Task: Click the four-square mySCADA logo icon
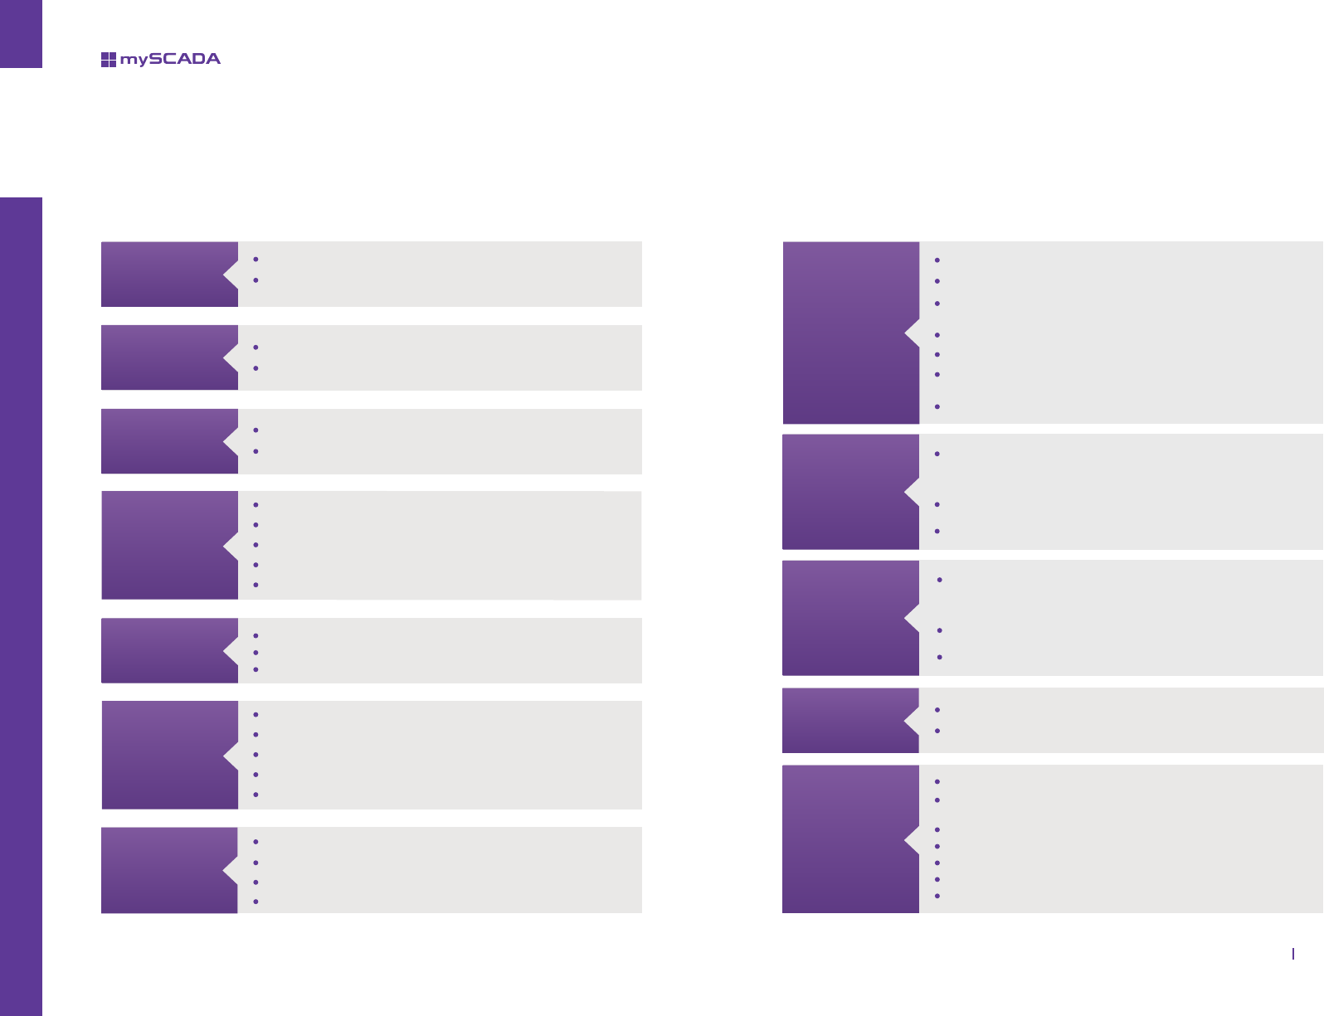(x=108, y=59)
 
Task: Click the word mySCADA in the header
(x=170, y=59)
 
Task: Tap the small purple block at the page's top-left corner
(x=21, y=33)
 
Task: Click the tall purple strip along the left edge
(x=21, y=605)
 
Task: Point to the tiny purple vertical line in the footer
(x=1293, y=954)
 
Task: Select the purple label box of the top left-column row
(x=163, y=275)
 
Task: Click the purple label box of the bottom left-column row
(x=163, y=870)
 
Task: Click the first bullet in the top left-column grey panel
(x=256, y=260)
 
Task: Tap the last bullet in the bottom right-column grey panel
(x=937, y=896)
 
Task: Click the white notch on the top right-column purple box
(x=912, y=333)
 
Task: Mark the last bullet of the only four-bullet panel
(x=256, y=901)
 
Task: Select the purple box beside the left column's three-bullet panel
(x=163, y=650)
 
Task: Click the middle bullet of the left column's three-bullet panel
(x=256, y=653)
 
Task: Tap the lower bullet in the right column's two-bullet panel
(x=937, y=731)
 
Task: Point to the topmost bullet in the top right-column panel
(x=937, y=260)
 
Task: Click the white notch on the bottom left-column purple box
(x=230, y=870)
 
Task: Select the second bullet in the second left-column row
(x=256, y=367)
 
